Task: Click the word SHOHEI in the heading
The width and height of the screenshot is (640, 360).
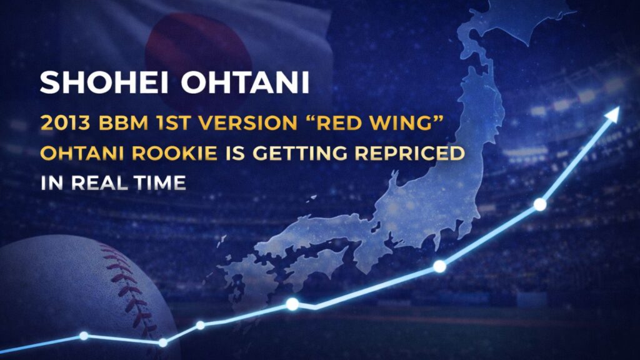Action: point(104,82)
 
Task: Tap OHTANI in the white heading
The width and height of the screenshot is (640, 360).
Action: point(245,82)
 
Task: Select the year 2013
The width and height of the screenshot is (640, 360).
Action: point(66,123)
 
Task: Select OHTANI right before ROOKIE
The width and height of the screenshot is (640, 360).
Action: point(82,153)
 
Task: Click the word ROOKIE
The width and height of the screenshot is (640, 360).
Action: point(175,153)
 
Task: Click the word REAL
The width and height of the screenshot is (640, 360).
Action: point(99,183)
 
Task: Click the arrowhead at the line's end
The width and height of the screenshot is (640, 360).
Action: point(612,114)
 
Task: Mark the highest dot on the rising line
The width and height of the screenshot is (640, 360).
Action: point(540,204)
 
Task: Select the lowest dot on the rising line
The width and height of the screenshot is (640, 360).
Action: point(163,342)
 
